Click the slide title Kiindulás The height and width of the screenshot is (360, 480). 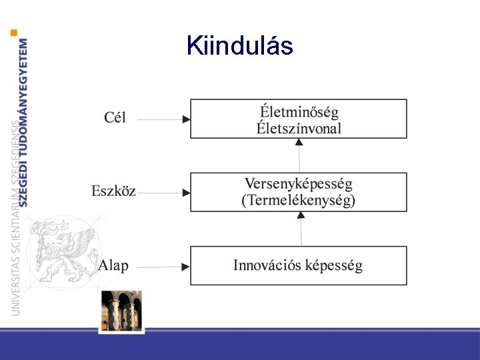click(x=240, y=45)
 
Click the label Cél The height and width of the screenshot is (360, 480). click(x=115, y=118)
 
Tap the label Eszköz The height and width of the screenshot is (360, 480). click(x=113, y=191)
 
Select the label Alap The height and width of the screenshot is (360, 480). click(x=113, y=265)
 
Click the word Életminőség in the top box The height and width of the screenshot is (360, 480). click(x=298, y=111)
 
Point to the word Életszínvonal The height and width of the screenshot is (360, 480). click(x=299, y=127)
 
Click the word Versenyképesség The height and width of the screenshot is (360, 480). click(x=298, y=183)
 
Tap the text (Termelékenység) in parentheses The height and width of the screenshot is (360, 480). click(x=298, y=200)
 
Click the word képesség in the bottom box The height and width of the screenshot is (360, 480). click(x=333, y=265)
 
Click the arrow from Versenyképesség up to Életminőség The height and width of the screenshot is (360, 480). click(x=299, y=155)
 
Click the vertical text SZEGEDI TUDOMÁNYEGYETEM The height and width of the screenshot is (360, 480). click(x=24, y=123)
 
